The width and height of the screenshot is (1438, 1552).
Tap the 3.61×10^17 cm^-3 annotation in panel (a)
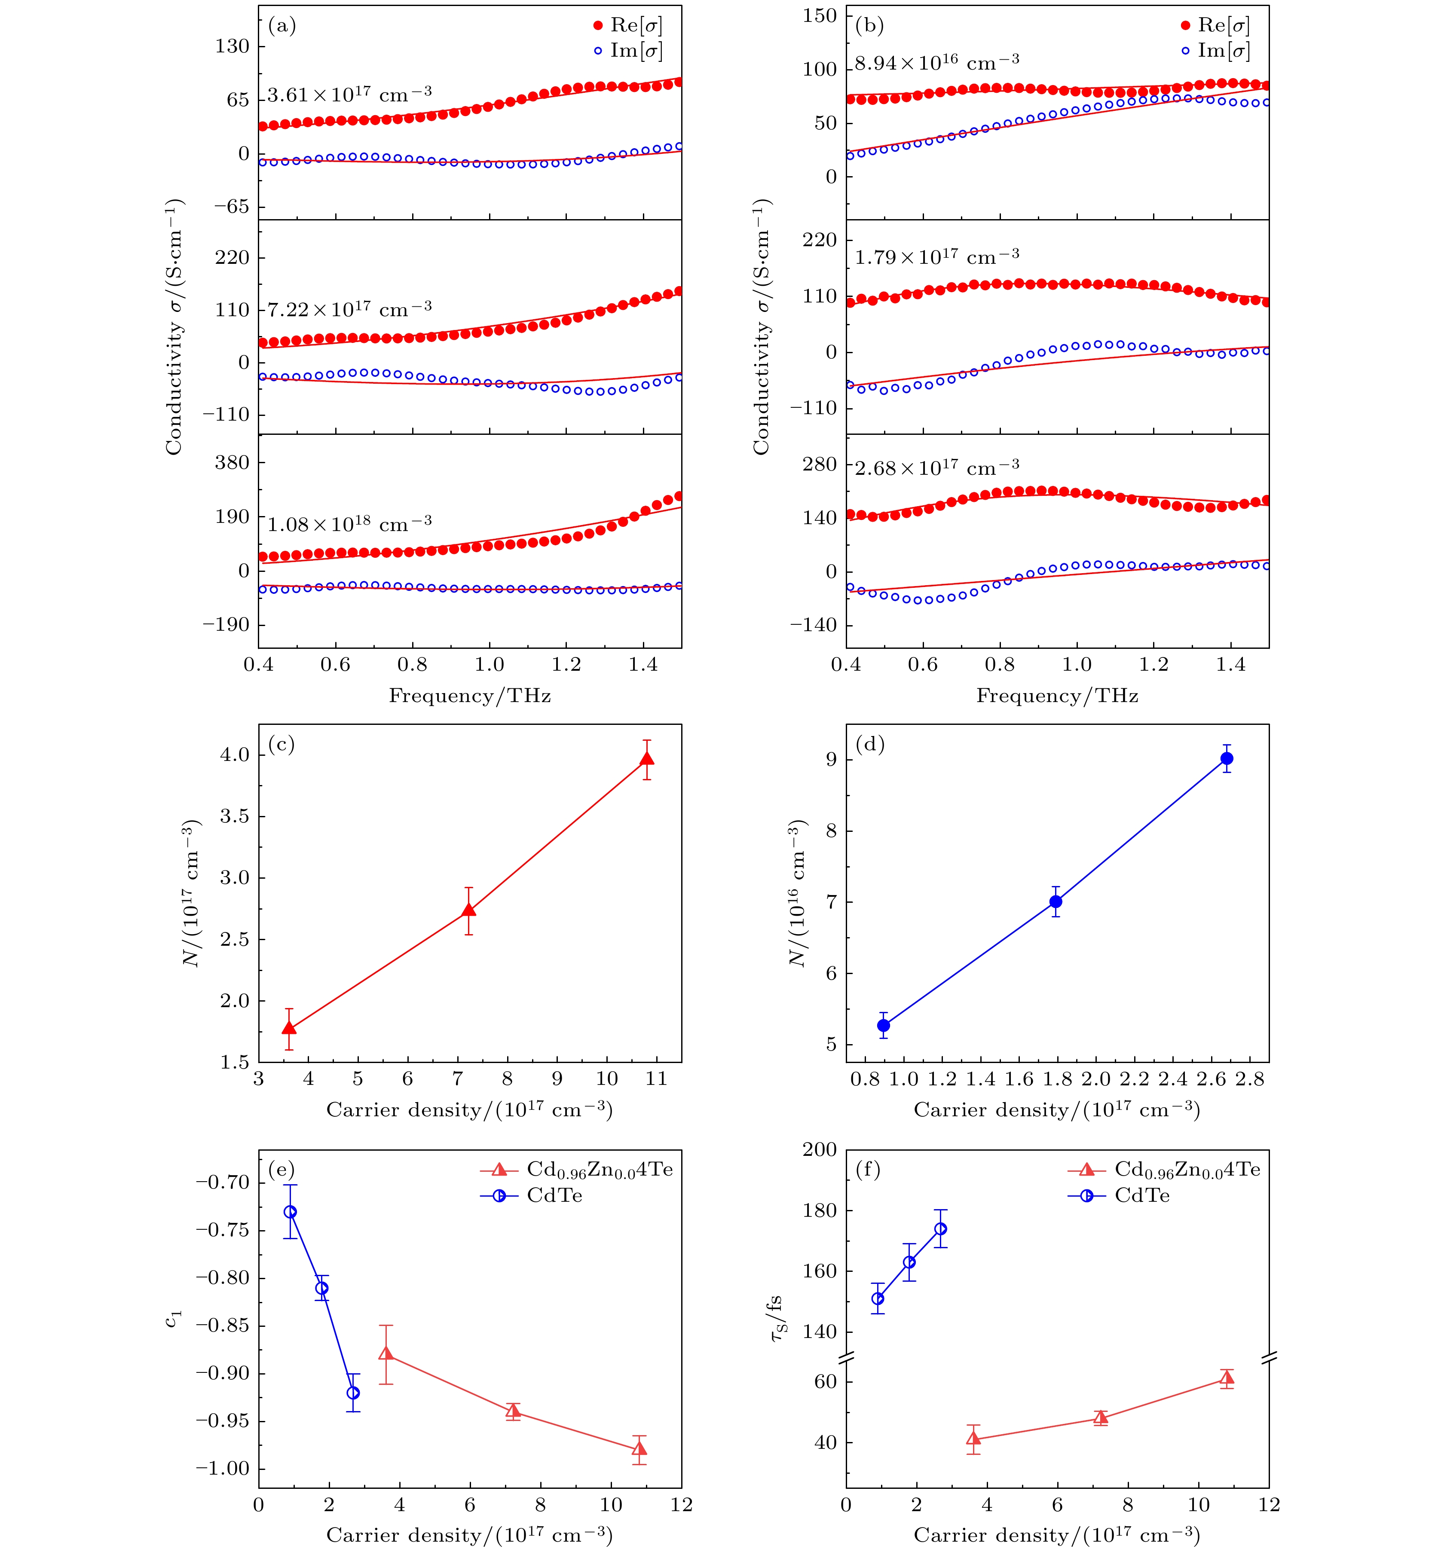pos(349,95)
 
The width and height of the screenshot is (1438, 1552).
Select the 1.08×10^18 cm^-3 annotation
pos(349,523)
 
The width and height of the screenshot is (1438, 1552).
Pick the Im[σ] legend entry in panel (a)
pos(628,51)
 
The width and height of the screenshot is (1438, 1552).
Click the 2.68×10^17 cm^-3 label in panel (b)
pos(937,467)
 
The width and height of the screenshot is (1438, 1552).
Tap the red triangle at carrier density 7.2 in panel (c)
pos(468,910)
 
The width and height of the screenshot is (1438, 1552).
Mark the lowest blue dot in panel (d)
pos(883,1025)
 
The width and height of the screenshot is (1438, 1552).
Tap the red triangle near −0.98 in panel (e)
pos(639,1448)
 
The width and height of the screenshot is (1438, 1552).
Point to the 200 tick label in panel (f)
pos(820,1150)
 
